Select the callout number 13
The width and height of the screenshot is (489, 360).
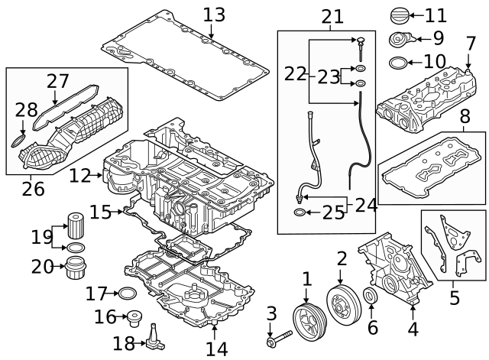pos(215,14)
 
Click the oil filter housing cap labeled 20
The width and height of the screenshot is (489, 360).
pos(76,267)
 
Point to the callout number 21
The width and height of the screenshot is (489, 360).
pos(332,15)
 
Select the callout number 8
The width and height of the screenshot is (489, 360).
pos(465,117)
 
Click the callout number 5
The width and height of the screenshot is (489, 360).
pos(455,297)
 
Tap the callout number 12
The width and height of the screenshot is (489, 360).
pos(79,176)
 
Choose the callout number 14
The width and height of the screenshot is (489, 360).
pos(216,349)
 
